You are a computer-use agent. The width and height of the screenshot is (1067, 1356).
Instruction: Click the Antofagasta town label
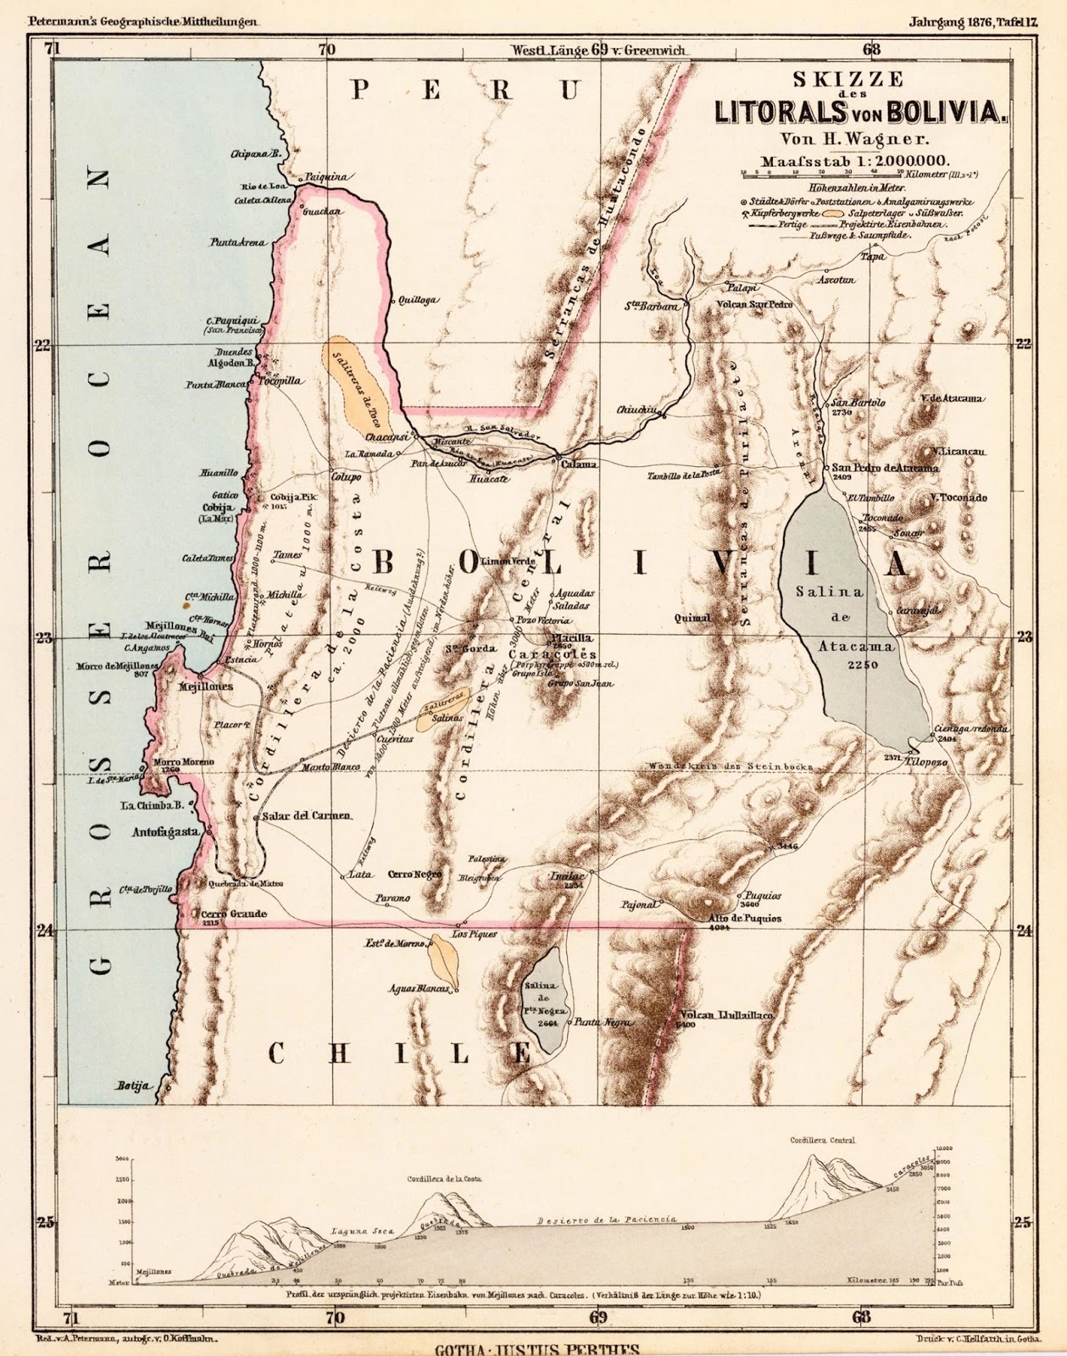[165, 832]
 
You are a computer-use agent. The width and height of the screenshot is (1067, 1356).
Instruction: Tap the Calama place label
[575, 464]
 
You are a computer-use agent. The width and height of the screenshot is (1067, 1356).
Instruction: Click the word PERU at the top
[466, 90]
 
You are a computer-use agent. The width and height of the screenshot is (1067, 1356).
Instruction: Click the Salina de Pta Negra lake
[544, 1003]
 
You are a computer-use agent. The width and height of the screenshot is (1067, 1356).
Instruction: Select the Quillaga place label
[416, 300]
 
